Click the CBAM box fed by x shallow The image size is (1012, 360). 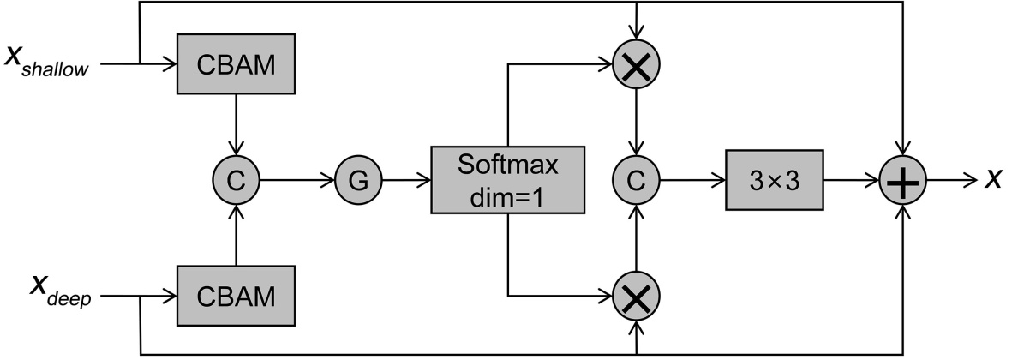pos(237,64)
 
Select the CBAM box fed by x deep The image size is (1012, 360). pos(237,296)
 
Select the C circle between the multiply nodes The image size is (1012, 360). pos(635,181)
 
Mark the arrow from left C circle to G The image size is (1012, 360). pos(295,181)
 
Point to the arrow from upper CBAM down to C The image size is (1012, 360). pos(236,125)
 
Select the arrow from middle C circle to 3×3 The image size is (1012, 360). pos(690,181)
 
